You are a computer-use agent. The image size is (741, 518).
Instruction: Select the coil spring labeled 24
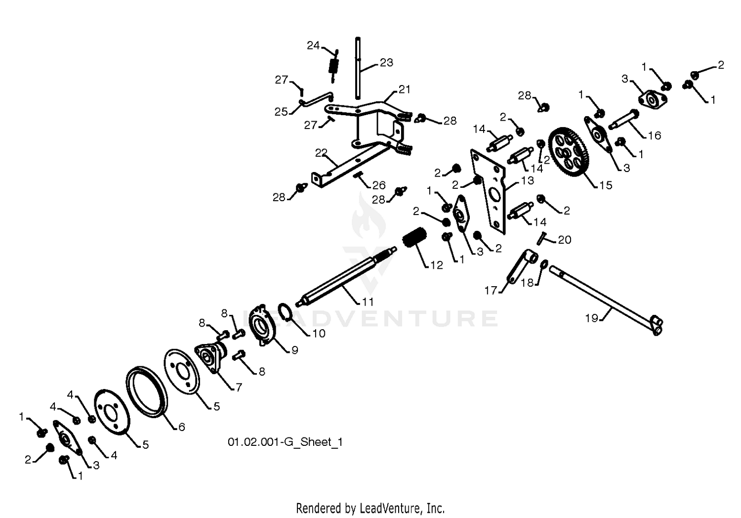tap(334, 66)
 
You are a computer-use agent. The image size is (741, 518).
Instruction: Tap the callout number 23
tap(386, 62)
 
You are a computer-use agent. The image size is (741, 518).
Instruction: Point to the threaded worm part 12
tap(415, 237)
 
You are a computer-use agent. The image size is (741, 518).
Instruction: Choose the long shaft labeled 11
tap(347, 275)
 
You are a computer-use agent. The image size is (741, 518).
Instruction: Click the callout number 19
tap(591, 318)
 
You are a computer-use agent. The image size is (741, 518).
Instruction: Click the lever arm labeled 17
tap(522, 266)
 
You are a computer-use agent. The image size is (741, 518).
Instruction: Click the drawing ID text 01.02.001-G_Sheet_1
tap(285, 442)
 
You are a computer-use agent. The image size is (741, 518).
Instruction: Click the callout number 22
tap(321, 153)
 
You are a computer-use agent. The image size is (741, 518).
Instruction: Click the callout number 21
tap(404, 89)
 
